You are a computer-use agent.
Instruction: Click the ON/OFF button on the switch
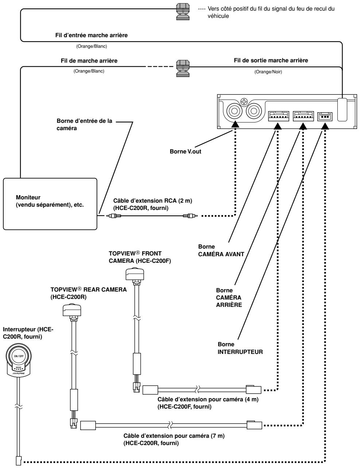(19, 356)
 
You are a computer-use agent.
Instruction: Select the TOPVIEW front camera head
(135, 274)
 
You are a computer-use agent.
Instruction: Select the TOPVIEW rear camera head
(72, 309)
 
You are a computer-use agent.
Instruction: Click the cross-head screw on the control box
(244, 102)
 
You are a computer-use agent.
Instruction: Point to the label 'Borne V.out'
(185, 151)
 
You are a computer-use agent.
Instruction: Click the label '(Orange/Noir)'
(268, 72)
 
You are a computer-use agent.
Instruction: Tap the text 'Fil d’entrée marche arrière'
(91, 35)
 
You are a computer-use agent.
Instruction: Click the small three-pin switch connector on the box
(325, 117)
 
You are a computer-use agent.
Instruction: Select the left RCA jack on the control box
(235, 111)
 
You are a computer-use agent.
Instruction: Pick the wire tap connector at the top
(183, 12)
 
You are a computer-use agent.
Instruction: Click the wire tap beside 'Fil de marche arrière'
(183, 69)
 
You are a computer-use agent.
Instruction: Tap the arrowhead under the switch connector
(325, 126)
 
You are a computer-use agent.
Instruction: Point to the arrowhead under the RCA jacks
(235, 124)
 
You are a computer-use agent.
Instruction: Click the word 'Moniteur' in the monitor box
(28, 197)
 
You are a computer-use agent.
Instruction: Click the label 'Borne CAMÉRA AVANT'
(221, 250)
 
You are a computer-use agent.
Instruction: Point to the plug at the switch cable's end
(19, 460)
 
